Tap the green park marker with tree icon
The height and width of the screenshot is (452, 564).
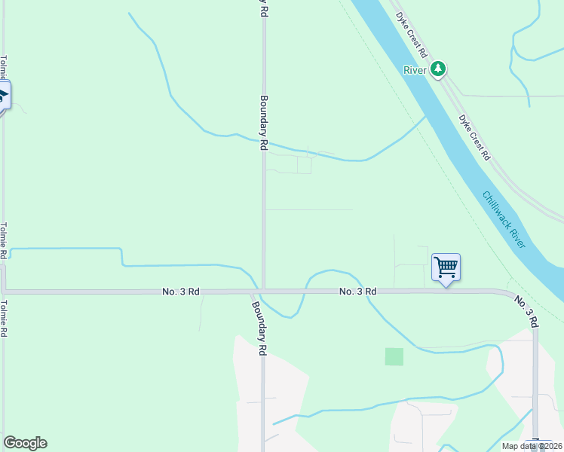438,70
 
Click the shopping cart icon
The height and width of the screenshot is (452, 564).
446,267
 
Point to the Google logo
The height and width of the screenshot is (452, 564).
25,443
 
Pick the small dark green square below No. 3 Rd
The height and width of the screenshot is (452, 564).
394,356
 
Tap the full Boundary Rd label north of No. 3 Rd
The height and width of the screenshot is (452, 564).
265,124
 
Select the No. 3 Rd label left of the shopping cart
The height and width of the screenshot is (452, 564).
357,291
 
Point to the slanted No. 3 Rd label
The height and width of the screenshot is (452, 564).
527,310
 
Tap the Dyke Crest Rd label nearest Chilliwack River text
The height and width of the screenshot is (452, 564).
475,137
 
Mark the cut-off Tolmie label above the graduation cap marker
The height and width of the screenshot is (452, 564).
4,68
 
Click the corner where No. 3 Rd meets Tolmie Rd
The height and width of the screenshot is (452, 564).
4,290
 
